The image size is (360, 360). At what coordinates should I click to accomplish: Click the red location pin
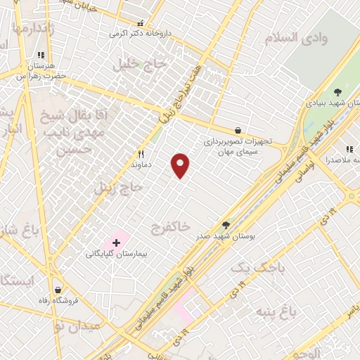click(x=181, y=166)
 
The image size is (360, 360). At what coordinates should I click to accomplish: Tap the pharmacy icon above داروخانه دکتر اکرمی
click(x=141, y=23)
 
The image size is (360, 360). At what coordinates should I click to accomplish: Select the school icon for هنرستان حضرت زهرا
click(x=41, y=54)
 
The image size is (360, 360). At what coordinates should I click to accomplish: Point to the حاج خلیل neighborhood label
click(x=141, y=64)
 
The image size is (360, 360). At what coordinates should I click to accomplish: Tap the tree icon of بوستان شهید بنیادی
click(x=337, y=91)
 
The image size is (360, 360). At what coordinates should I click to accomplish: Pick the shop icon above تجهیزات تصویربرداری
click(x=238, y=130)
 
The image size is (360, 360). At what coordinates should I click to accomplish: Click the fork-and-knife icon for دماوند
click(x=141, y=154)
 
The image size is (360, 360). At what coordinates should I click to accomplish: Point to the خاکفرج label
click(x=170, y=226)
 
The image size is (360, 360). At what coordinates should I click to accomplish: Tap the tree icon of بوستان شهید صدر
click(x=225, y=225)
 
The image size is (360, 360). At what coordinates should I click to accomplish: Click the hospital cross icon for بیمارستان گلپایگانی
click(x=116, y=243)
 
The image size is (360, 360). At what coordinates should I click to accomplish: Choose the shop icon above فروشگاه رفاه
click(x=56, y=289)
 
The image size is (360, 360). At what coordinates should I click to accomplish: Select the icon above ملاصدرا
click(x=349, y=149)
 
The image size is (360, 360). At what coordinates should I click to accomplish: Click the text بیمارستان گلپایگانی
click(x=115, y=253)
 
